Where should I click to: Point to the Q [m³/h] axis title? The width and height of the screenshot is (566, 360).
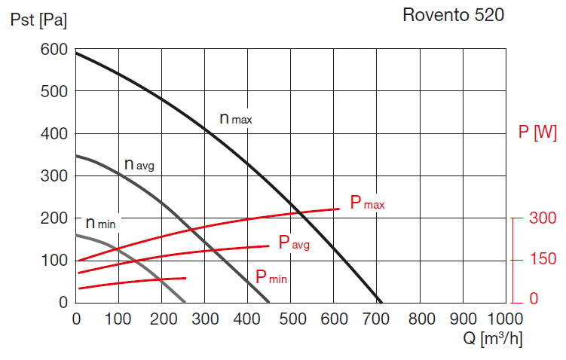tap(493, 339)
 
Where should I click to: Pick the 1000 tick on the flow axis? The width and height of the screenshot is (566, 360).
tap(505, 319)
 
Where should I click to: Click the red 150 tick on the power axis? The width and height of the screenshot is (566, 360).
tap(543, 259)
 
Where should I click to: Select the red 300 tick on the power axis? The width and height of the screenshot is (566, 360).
tap(543, 218)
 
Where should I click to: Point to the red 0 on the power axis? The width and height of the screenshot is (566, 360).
tap(534, 300)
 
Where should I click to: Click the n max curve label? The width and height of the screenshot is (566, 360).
tap(235, 118)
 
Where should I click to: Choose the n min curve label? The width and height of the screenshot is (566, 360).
tap(99, 223)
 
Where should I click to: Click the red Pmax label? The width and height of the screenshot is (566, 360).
tap(367, 203)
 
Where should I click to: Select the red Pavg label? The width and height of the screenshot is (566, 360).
tap(294, 243)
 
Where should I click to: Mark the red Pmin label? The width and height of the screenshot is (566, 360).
tap(271, 277)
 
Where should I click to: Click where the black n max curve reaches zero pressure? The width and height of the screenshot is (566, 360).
tap(382, 301)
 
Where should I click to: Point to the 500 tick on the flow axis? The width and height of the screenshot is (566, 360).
tap(292, 319)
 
